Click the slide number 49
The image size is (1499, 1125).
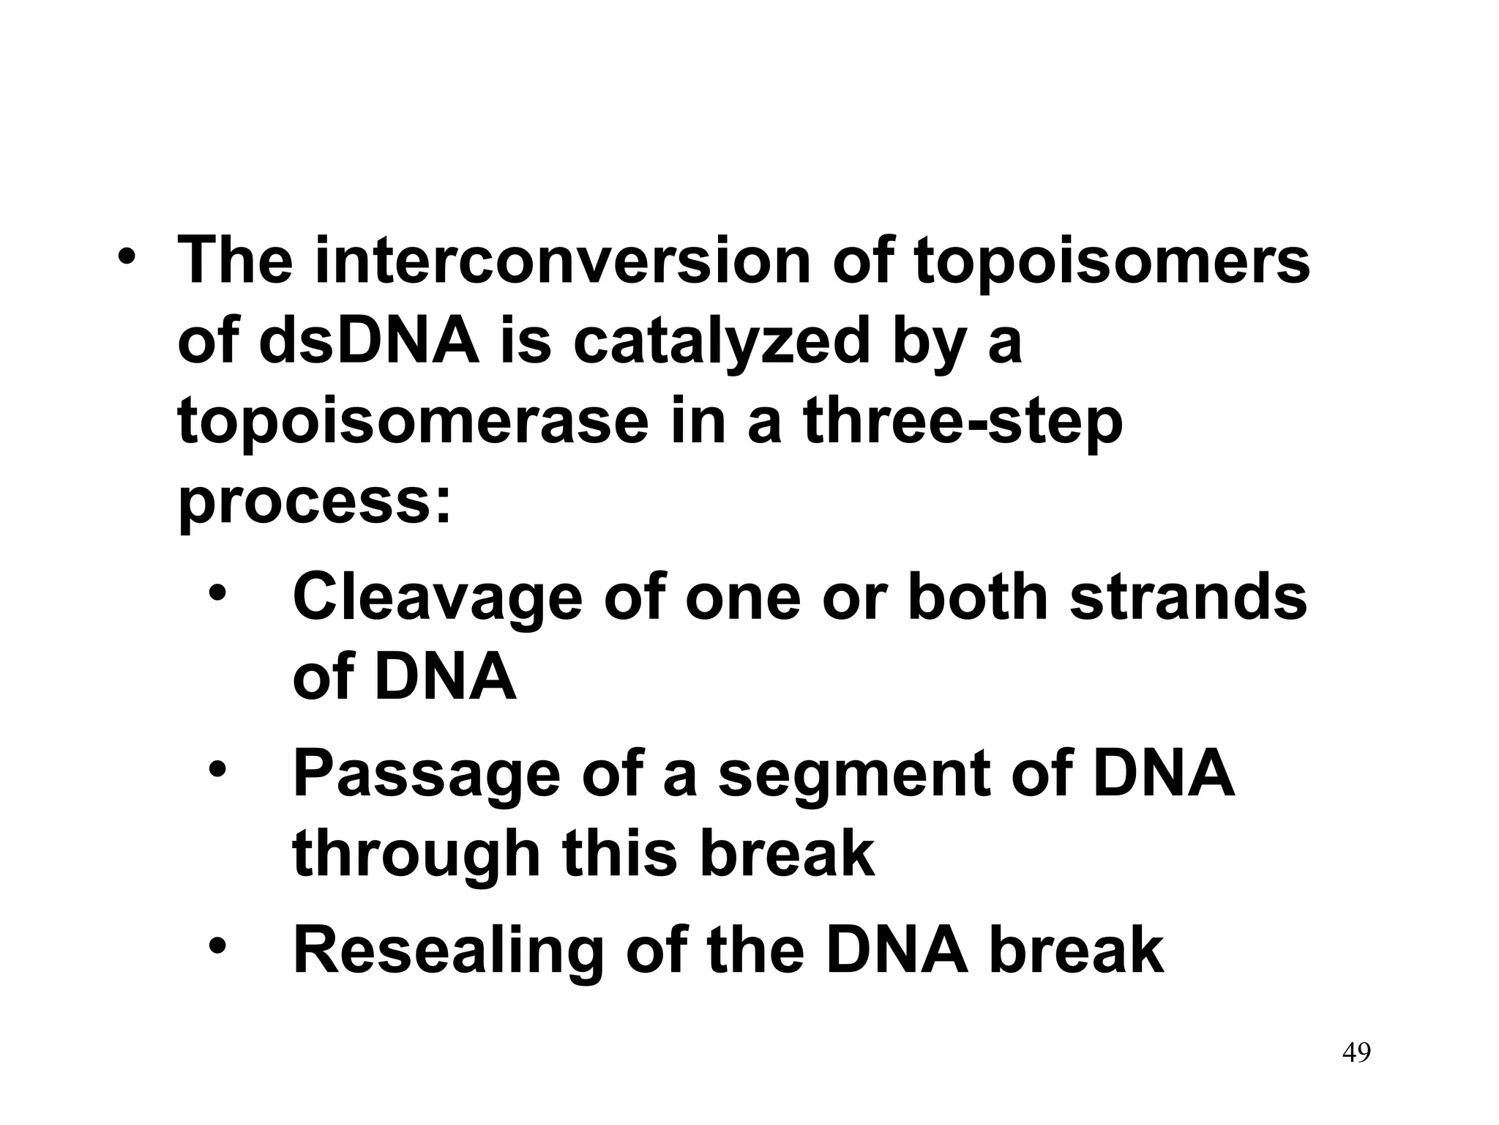[x=1356, y=1073]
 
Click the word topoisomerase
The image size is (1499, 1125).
[x=412, y=423]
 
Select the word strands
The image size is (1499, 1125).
[x=1188, y=597]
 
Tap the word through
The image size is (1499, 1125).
[x=415, y=855]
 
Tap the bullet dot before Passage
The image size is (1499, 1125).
[x=217, y=768]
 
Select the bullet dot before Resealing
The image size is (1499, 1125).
[x=217, y=945]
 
